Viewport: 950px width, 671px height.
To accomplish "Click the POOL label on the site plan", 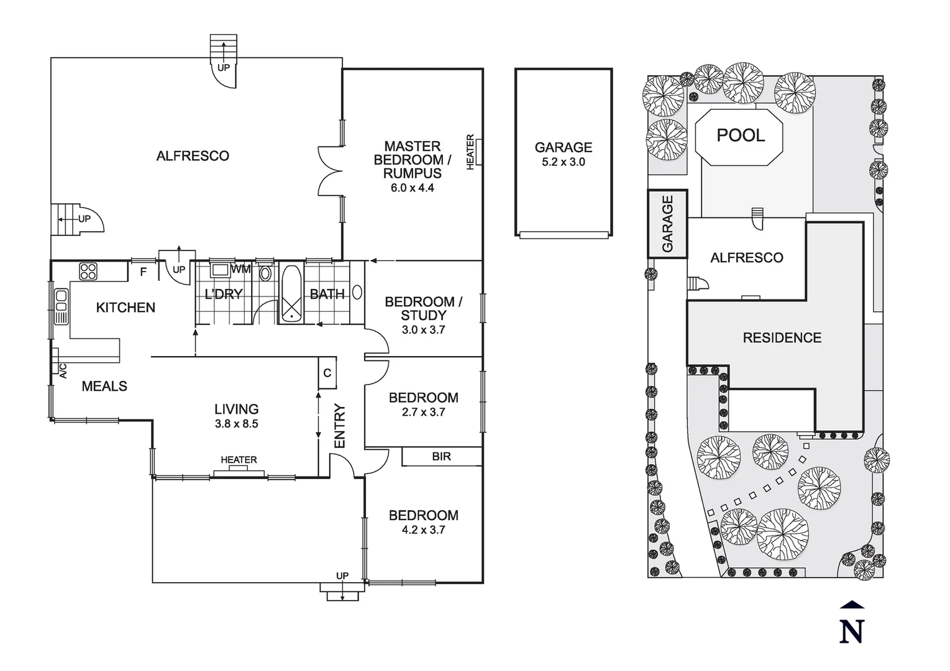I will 741,135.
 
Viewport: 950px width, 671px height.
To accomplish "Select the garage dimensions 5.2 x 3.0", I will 564,162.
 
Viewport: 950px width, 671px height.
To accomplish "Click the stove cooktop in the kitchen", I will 88,272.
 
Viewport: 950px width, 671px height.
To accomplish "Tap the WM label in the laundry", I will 240,269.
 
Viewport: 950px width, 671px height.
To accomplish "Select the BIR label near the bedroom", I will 441,457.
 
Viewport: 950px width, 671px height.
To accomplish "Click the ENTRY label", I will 340,426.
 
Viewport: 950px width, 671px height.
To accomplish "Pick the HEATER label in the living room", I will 239,460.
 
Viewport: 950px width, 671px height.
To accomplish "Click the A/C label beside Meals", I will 63,371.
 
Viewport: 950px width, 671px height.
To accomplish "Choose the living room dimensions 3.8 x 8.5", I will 236,424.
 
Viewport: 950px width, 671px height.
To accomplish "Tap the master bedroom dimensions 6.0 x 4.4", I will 412,188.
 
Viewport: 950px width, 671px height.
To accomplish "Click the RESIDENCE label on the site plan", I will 782,338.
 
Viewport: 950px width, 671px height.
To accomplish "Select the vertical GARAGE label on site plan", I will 668,224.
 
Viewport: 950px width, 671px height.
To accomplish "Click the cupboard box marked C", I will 327,373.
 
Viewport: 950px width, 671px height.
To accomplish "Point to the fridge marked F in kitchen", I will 144,272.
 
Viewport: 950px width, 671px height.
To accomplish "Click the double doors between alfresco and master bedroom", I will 330,171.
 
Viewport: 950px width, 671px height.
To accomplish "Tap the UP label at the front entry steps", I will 342,576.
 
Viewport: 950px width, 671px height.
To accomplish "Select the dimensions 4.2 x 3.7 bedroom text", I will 423,530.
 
